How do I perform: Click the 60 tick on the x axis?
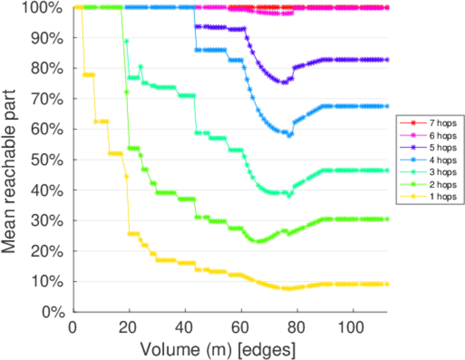(x=241, y=327)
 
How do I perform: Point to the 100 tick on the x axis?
(x=353, y=327)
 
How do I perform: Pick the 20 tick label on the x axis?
(x=128, y=327)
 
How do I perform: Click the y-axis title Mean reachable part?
(x=13, y=160)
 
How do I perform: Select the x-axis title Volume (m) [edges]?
(x=218, y=349)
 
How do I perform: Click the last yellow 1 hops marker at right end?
(x=387, y=284)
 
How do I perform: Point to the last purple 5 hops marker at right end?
(x=387, y=60)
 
